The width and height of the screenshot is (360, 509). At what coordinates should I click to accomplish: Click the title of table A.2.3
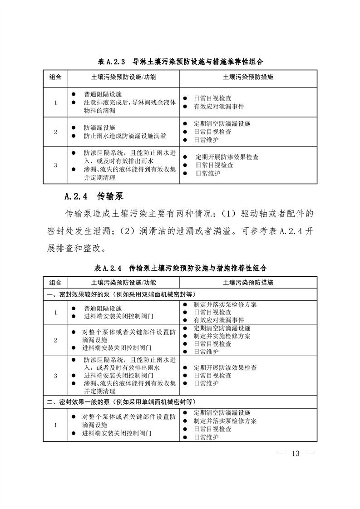180,61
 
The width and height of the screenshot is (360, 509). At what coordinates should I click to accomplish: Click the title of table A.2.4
180,268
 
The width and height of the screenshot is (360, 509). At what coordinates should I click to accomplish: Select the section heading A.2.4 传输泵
94,196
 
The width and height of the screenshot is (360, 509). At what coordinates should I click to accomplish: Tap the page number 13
296,454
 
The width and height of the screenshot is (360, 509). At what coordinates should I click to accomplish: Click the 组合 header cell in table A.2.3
55,77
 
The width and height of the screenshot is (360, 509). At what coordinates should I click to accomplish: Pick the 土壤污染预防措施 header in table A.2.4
248,282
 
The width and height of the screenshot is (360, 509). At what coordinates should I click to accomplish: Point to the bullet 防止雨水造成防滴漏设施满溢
125,136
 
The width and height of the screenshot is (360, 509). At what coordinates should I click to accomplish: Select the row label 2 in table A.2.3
55,132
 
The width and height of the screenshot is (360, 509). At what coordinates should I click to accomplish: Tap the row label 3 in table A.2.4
55,376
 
